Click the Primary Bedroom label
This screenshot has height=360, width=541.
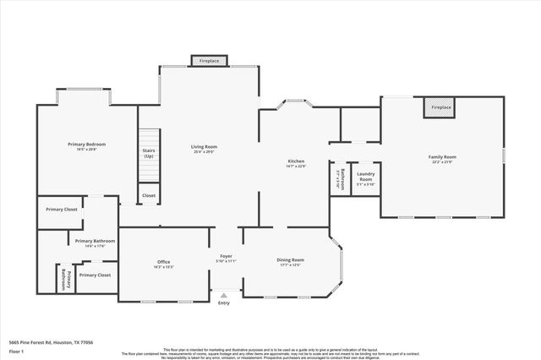click(x=86, y=144)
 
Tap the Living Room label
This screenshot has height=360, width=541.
click(x=204, y=146)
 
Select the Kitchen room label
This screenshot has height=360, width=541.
click(x=296, y=161)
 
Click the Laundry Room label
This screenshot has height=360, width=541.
click(x=365, y=177)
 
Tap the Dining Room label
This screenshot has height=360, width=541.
click(x=290, y=259)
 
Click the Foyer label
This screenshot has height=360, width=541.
click(x=226, y=255)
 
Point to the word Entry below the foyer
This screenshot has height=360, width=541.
click(x=223, y=303)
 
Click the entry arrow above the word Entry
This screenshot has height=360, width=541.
click(x=223, y=294)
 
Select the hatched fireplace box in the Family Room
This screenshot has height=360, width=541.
click(x=440, y=108)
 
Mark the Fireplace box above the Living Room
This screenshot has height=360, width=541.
click(x=209, y=62)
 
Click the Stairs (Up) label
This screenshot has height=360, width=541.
click(x=149, y=153)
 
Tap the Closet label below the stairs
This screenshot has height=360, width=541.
click(x=149, y=195)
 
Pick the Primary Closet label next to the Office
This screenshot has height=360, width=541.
click(x=95, y=275)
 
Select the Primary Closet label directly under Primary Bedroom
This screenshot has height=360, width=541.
click(x=62, y=209)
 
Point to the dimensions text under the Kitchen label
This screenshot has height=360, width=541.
click(x=296, y=166)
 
